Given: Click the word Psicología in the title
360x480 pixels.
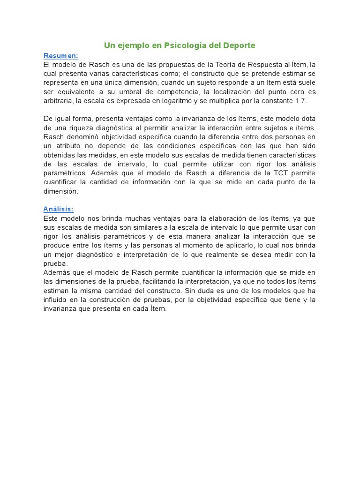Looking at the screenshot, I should pos(182,45).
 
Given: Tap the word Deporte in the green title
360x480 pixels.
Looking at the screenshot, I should pos(236,45).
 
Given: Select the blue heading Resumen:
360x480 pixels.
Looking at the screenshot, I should pos(61,55).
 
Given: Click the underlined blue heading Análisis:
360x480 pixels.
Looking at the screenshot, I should pos(59,209).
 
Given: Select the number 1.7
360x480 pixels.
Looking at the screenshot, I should pos(301,101).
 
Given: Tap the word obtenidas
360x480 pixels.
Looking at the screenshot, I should pos(60,155).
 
